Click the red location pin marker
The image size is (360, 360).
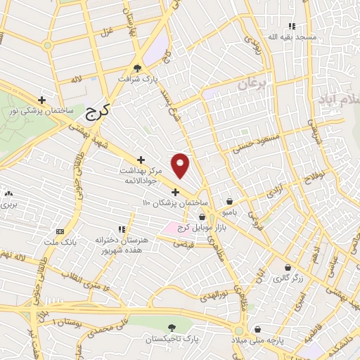point(181,165)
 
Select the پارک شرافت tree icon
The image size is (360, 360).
point(138,68)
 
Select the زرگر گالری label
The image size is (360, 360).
point(288,278)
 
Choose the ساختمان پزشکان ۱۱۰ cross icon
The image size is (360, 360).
point(176,192)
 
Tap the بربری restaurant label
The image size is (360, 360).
point(8,205)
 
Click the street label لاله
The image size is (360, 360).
point(75,80)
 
